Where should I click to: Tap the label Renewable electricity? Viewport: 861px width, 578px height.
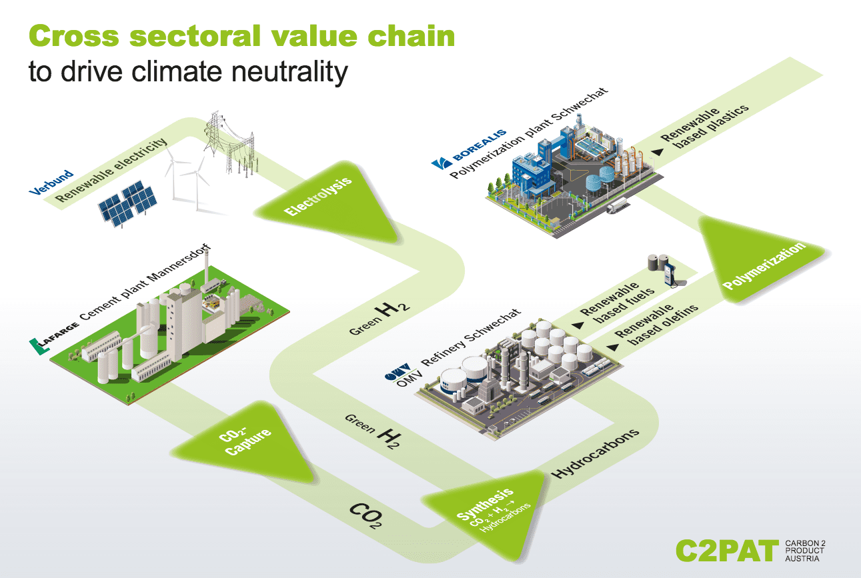(x=110, y=171)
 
